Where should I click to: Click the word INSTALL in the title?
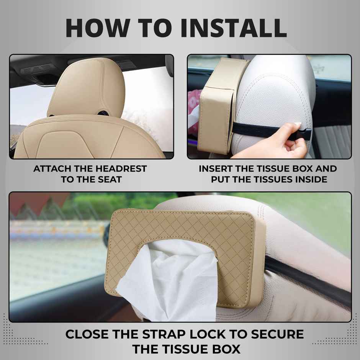(234, 28)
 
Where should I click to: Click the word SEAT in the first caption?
(110, 180)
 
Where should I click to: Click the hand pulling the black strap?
(275, 142)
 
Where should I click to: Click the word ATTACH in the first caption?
(52, 169)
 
